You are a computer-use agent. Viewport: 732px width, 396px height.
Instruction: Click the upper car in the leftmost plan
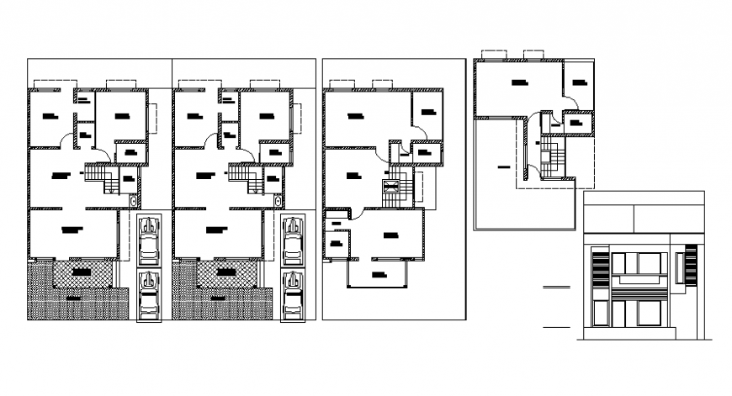click(149, 240)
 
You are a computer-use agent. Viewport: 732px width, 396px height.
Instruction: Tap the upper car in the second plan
click(294, 240)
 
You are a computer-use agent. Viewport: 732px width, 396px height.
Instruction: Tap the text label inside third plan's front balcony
click(378, 274)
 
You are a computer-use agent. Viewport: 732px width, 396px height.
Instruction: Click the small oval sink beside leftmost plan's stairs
click(134, 201)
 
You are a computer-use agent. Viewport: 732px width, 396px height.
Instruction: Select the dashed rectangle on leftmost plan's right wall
click(154, 118)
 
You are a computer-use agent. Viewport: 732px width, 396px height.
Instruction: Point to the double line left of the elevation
click(557, 288)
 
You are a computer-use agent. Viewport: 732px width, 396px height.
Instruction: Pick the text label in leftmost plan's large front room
click(73, 229)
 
